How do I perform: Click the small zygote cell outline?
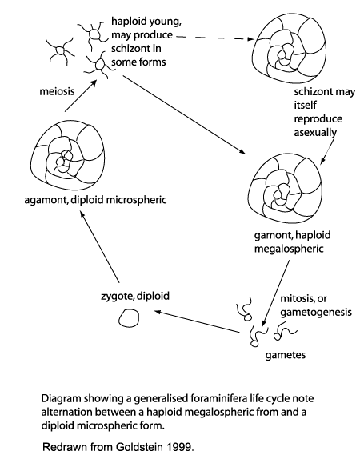tap(127, 319)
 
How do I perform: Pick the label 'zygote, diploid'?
tap(129, 296)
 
